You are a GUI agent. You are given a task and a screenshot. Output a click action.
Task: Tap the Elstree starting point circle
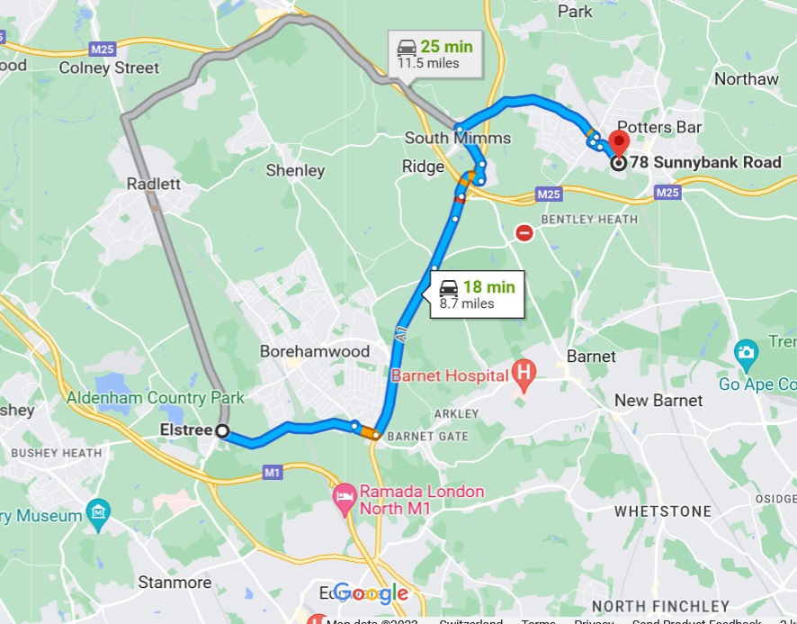(x=222, y=431)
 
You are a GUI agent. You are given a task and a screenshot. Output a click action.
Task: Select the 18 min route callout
(x=477, y=294)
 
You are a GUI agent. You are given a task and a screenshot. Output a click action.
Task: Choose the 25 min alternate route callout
(x=434, y=54)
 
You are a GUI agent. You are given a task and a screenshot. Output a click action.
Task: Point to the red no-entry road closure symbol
(x=524, y=233)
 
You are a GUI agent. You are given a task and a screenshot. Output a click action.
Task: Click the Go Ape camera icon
(x=746, y=352)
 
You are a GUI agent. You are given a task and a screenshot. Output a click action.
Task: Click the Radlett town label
(x=154, y=183)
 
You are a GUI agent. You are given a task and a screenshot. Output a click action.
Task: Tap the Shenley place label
(x=295, y=170)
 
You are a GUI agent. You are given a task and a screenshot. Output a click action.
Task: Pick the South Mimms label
(x=457, y=138)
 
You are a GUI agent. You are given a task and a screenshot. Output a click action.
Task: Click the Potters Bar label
(x=659, y=127)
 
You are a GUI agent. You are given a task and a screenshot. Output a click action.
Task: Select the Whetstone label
(x=662, y=511)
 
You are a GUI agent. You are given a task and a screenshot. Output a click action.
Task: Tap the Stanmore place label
(x=175, y=583)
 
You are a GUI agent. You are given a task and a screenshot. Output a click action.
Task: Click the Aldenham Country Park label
(x=154, y=397)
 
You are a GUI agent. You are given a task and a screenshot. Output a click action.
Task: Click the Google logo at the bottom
(x=371, y=593)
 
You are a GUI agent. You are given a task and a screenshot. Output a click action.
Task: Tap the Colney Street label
(x=109, y=68)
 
